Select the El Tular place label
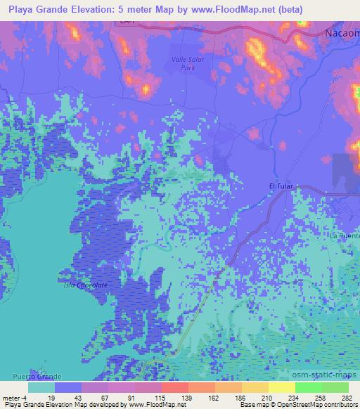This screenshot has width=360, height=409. click(x=281, y=186)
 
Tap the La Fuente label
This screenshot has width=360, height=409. click(x=346, y=237)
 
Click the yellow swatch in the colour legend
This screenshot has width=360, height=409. click(x=282, y=387)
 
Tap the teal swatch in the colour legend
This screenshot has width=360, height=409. click(x=41, y=387)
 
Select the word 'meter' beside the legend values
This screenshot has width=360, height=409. click(x=13, y=398)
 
